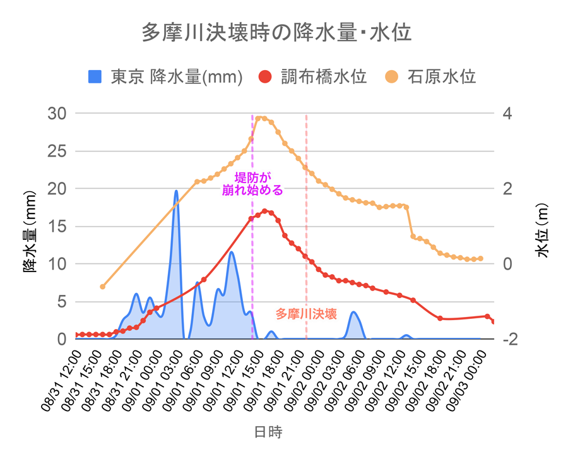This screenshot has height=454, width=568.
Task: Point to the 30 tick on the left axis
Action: pos(58,114)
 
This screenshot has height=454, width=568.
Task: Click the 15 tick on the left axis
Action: pos(58,226)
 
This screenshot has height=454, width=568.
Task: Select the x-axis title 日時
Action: pos(268,433)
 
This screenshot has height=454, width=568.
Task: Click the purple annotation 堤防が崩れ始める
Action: pos(252,183)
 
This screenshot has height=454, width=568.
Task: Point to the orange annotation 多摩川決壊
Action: pos(306,313)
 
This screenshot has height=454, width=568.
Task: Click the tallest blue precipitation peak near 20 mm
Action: pos(176,191)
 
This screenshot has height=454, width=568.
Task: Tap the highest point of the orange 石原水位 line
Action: pos(261,118)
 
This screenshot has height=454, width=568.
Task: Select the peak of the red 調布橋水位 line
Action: pos(265,211)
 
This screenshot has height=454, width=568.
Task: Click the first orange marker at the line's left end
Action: pos(102,287)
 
